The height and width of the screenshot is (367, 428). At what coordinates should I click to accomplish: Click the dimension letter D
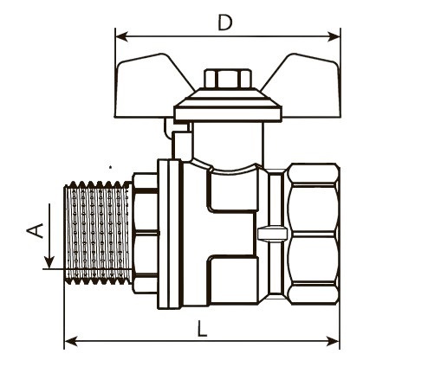[225, 23]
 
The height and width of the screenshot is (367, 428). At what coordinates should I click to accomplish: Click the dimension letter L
[202, 329]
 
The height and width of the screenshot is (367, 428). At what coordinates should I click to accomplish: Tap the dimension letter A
[35, 230]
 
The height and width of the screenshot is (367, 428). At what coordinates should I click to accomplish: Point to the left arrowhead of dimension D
[121, 36]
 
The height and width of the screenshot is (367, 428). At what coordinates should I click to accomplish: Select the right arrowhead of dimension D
[334, 36]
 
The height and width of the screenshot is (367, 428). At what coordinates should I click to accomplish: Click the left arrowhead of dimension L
[70, 341]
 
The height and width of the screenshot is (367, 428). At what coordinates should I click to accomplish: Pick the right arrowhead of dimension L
[333, 341]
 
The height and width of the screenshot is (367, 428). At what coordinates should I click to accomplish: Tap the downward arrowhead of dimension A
[49, 262]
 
